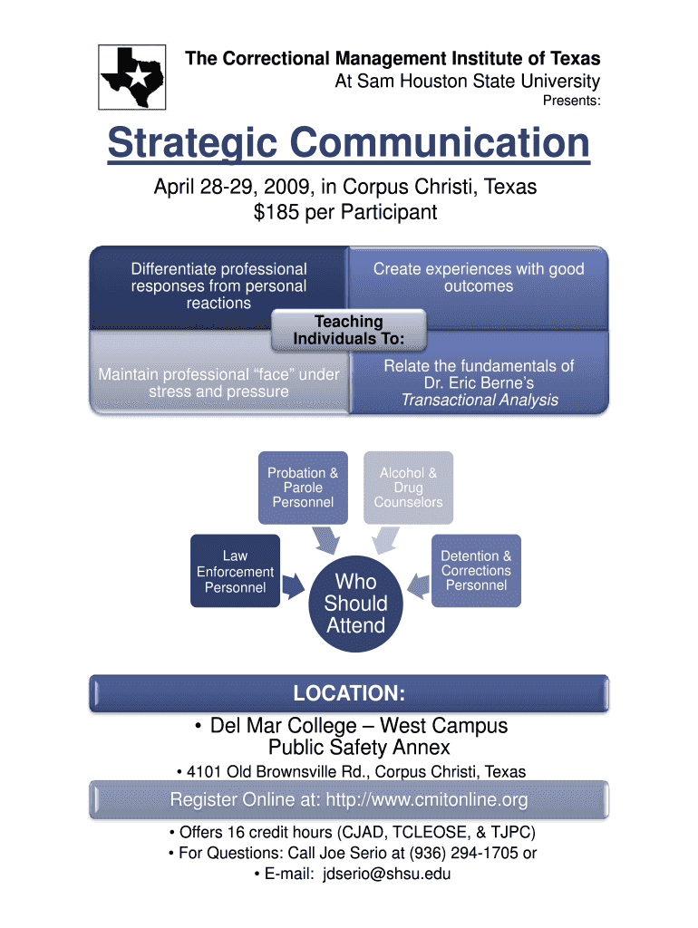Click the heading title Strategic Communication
[348, 144]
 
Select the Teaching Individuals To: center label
[348, 330]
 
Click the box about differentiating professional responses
[218, 285]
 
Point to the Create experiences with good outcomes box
[479, 277]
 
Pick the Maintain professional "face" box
[218, 382]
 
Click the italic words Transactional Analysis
[480, 400]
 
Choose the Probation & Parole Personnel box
[303, 488]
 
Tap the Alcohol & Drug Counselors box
[408, 488]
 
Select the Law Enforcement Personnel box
[235, 571]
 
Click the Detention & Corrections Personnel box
[476, 570]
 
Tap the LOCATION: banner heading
[348, 694]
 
